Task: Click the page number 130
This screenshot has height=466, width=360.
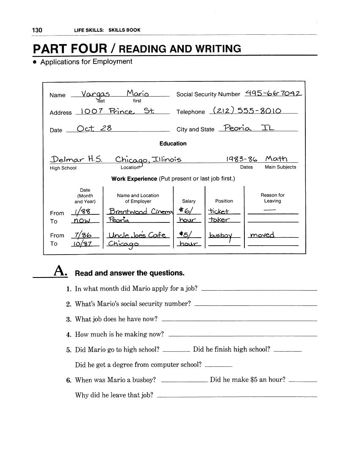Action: [x=37, y=30]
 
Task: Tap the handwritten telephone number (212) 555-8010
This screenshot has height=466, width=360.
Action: [x=246, y=111]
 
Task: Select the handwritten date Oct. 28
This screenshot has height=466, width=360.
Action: [x=94, y=129]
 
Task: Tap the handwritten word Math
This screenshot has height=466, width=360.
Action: [x=276, y=159]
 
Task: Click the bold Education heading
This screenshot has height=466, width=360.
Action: [x=173, y=144]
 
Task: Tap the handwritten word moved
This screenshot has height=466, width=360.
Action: [x=262, y=235]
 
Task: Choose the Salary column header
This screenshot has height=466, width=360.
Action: [x=189, y=201]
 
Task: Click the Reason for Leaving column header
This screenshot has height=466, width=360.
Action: [x=272, y=198]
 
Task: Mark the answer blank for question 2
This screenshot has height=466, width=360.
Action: [x=255, y=305]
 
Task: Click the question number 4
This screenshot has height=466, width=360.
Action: [x=68, y=335]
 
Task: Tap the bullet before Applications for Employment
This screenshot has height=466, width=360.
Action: [x=35, y=62]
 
